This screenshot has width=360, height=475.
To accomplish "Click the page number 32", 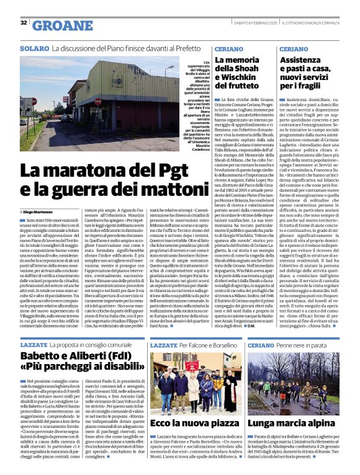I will tap(24, 23).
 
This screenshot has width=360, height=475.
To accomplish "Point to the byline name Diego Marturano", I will tap(45, 211).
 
